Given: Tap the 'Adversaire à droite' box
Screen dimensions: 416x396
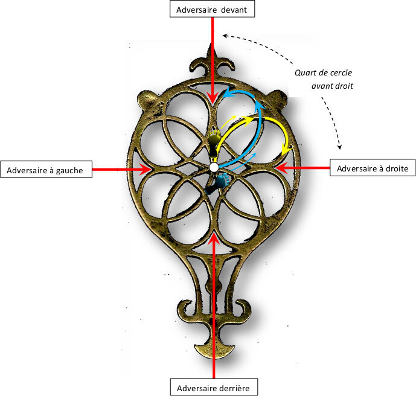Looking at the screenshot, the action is point(373,167).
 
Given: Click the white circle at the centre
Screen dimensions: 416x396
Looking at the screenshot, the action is point(214,167).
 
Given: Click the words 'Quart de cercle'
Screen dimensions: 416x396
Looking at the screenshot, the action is point(324,72).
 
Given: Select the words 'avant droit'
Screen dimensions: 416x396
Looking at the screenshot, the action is point(332,86).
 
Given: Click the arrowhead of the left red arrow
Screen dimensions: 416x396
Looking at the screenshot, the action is point(146,170).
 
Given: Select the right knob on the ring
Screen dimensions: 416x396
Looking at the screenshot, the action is point(277,97).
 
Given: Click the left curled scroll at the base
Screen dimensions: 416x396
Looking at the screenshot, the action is point(181,306).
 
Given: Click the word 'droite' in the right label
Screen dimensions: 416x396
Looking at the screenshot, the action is point(394,167).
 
